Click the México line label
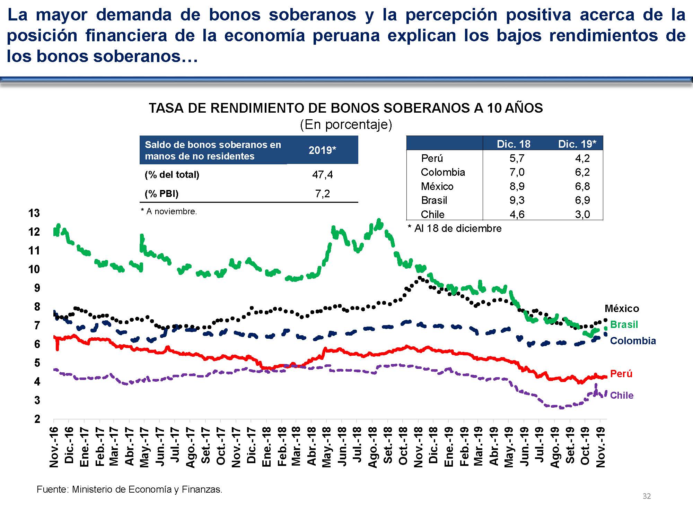[x=622, y=309]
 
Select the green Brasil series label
[x=624, y=324]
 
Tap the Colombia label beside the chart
[x=633, y=341]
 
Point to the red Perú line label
[x=621, y=374]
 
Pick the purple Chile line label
[x=622, y=395]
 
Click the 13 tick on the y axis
[x=34, y=213]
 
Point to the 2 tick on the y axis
[x=37, y=419]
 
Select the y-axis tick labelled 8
[x=37, y=307]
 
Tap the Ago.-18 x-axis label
[x=373, y=447]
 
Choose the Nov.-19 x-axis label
[x=601, y=447]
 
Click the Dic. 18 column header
[x=514, y=144]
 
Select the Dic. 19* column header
[x=577, y=144]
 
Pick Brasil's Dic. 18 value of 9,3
[x=517, y=200]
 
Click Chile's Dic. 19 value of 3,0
[x=582, y=214]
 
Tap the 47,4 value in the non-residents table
[x=322, y=174]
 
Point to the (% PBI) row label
[x=161, y=193]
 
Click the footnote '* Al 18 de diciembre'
[x=455, y=228]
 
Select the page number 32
[x=647, y=496]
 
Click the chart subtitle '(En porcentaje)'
[x=346, y=124]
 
